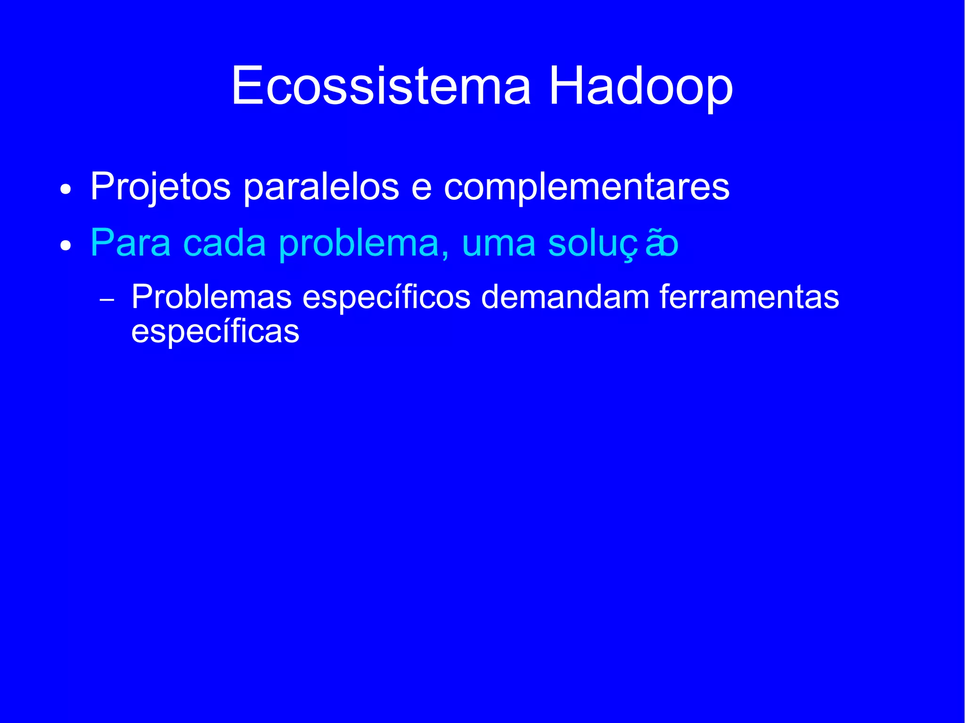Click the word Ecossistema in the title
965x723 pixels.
coord(381,86)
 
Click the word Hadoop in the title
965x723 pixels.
coord(640,86)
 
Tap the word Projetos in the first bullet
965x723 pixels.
coord(160,187)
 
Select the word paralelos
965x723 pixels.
coord(321,187)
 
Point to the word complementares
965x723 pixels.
coord(586,187)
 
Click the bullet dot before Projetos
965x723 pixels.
coord(66,190)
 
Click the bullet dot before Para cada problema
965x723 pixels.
coord(66,246)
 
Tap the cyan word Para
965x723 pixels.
coord(130,243)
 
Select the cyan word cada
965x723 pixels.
coord(224,243)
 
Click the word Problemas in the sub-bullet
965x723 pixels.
coord(212,297)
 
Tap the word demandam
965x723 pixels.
coord(565,297)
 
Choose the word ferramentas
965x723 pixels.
coord(749,297)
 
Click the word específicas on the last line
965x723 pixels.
coord(215,332)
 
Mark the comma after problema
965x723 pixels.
coord(445,255)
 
